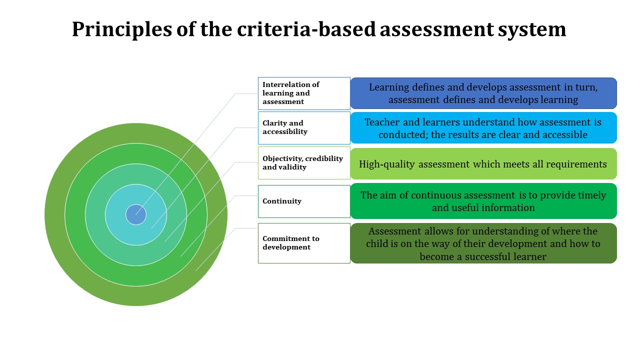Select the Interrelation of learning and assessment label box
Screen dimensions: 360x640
(x=304, y=93)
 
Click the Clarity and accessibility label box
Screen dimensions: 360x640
(x=304, y=127)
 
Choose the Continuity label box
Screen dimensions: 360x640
(x=304, y=201)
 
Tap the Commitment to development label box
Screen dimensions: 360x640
(x=304, y=243)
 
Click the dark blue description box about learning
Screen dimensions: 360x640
(x=483, y=93)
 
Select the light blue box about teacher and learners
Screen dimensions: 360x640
(x=483, y=128)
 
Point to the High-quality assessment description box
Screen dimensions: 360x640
(x=483, y=164)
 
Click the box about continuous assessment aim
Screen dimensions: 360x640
(x=483, y=201)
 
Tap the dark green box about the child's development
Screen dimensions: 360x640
(x=483, y=243)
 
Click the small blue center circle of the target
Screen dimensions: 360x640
(x=136, y=214)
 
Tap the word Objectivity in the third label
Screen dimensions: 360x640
(x=283, y=158)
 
